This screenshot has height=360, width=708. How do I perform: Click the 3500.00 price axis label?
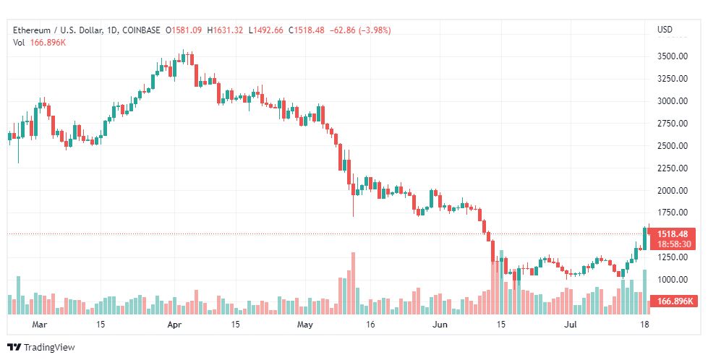672,56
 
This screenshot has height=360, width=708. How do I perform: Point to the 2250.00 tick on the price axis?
672,168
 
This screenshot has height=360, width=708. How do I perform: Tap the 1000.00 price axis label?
672,280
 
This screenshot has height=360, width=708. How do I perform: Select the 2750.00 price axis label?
672,124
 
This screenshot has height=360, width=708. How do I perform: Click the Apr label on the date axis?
174,325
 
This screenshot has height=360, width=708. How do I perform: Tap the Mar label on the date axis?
40,325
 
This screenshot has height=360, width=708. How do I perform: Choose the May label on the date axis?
304,325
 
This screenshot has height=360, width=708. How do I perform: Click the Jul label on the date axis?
571,325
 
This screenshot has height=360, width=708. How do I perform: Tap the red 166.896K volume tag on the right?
674,301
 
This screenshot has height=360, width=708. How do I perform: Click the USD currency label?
664,30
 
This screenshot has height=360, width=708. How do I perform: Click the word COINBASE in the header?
142,30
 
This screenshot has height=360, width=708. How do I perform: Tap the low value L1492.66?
265,30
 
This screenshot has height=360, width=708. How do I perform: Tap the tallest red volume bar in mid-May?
353,283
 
